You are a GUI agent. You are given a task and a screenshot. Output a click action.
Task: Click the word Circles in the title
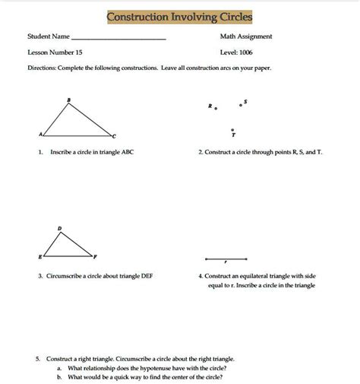[x=232, y=17]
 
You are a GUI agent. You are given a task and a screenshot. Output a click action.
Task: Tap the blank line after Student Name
[x=119, y=38]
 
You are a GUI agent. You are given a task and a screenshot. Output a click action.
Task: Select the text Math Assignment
[x=246, y=36]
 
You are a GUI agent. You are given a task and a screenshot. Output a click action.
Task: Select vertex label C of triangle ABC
[x=114, y=136]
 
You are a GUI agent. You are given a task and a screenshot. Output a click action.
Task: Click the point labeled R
[x=216, y=109]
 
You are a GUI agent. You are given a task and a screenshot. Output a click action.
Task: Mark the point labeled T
[x=234, y=129]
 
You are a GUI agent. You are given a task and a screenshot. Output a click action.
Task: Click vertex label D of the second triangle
[x=59, y=227]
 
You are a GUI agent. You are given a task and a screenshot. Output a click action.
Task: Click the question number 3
[x=39, y=276]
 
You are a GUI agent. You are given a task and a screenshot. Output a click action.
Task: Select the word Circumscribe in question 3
[x=68, y=276]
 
